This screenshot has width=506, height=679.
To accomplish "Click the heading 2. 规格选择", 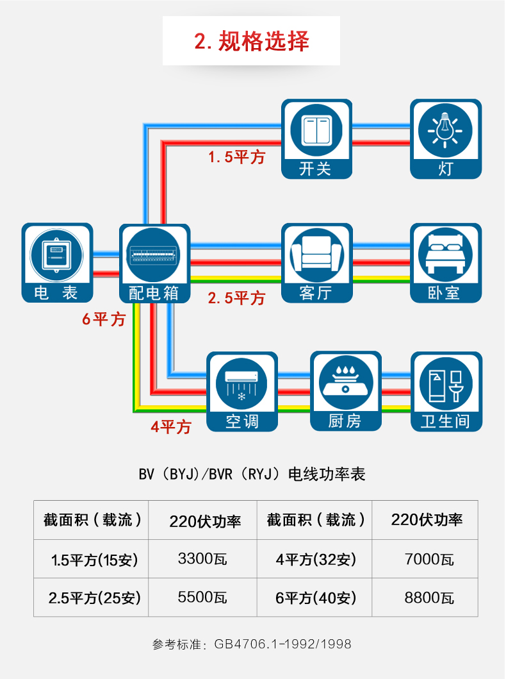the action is (252, 42).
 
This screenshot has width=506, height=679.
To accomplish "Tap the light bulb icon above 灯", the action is (445, 130).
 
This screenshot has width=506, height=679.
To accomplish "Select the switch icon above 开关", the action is (316, 130).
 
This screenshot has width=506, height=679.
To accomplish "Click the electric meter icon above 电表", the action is (56, 255).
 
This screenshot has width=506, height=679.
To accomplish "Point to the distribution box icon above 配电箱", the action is (154, 255).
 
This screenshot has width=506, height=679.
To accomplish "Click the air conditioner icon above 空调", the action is (241, 384).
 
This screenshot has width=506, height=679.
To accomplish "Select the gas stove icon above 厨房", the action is (345, 383).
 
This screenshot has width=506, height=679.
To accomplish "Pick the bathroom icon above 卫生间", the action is (446, 384).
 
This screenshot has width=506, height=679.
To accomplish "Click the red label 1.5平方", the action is (236, 156).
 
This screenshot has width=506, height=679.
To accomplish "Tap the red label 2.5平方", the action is (236, 298).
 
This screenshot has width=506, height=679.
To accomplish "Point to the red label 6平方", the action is (104, 319).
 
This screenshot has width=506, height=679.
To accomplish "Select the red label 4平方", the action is (171, 427).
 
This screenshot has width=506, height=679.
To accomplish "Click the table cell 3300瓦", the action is (202, 558).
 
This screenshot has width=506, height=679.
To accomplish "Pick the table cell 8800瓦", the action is (429, 598).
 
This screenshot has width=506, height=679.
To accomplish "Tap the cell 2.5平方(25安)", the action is (94, 598).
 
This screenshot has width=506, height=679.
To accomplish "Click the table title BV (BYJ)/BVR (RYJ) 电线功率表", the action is (252, 474).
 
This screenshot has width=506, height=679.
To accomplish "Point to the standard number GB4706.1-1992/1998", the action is (282, 644).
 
